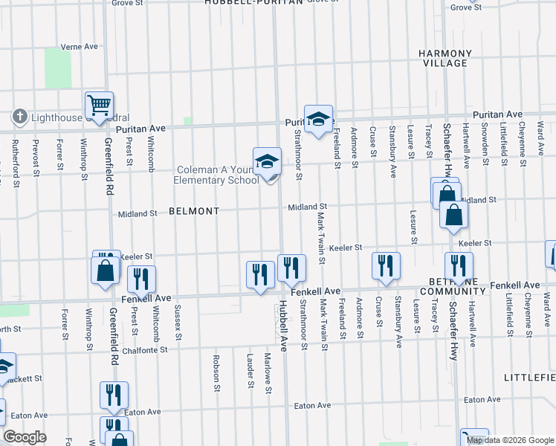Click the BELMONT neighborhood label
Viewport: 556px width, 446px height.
194,211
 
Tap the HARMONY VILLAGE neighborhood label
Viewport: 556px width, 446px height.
445,59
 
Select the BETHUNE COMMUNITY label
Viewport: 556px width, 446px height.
457,287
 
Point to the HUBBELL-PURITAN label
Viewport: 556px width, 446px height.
254,3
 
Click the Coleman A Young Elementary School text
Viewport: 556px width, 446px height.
216,175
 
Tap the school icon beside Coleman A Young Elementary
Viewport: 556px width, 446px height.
268,161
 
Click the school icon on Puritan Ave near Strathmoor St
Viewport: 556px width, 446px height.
318,119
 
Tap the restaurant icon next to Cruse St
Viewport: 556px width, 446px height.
386,266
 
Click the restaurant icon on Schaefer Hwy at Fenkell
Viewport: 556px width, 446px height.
459,266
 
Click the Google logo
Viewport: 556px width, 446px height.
25,437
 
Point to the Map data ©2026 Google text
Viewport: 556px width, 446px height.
510,440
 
